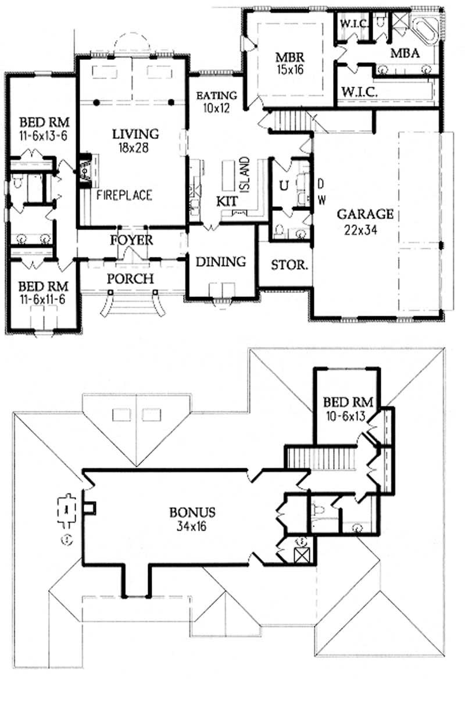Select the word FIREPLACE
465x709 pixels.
coord(124,195)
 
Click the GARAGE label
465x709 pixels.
coord(366,214)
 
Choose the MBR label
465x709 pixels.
coord(289,58)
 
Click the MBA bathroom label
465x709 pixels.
coord(405,53)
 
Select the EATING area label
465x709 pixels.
coord(216,95)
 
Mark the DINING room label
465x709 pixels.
coord(220,262)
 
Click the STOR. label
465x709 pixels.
coord(289,265)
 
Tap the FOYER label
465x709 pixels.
coord(133,240)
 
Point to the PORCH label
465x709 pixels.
coord(130,279)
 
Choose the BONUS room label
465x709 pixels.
coord(193,513)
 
